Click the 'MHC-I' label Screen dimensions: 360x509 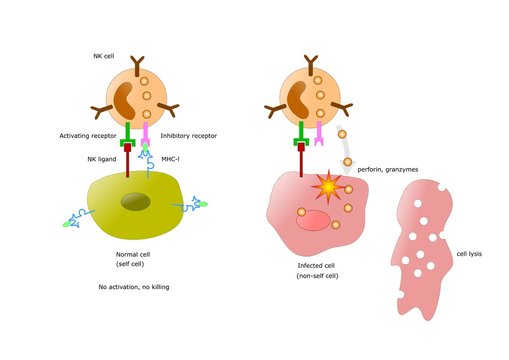pyautogui.click(x=171, y=157)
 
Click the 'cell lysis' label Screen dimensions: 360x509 pyautogui.click(x=468, y=254)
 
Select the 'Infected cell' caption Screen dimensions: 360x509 pyautogui.click(x=318, y=266)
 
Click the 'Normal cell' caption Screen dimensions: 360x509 pyautogui.click(x=133, y=255)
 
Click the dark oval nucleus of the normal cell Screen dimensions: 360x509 pyautogui.click(x=137, y=203)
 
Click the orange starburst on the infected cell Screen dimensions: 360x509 pyautogui.click(x=326, y=187)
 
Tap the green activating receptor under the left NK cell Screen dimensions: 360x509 pyautogui.click(x=127, y=140)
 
